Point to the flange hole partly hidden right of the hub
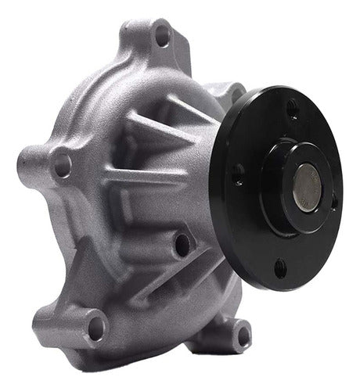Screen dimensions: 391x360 334,202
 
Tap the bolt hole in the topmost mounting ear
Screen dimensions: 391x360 162,34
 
